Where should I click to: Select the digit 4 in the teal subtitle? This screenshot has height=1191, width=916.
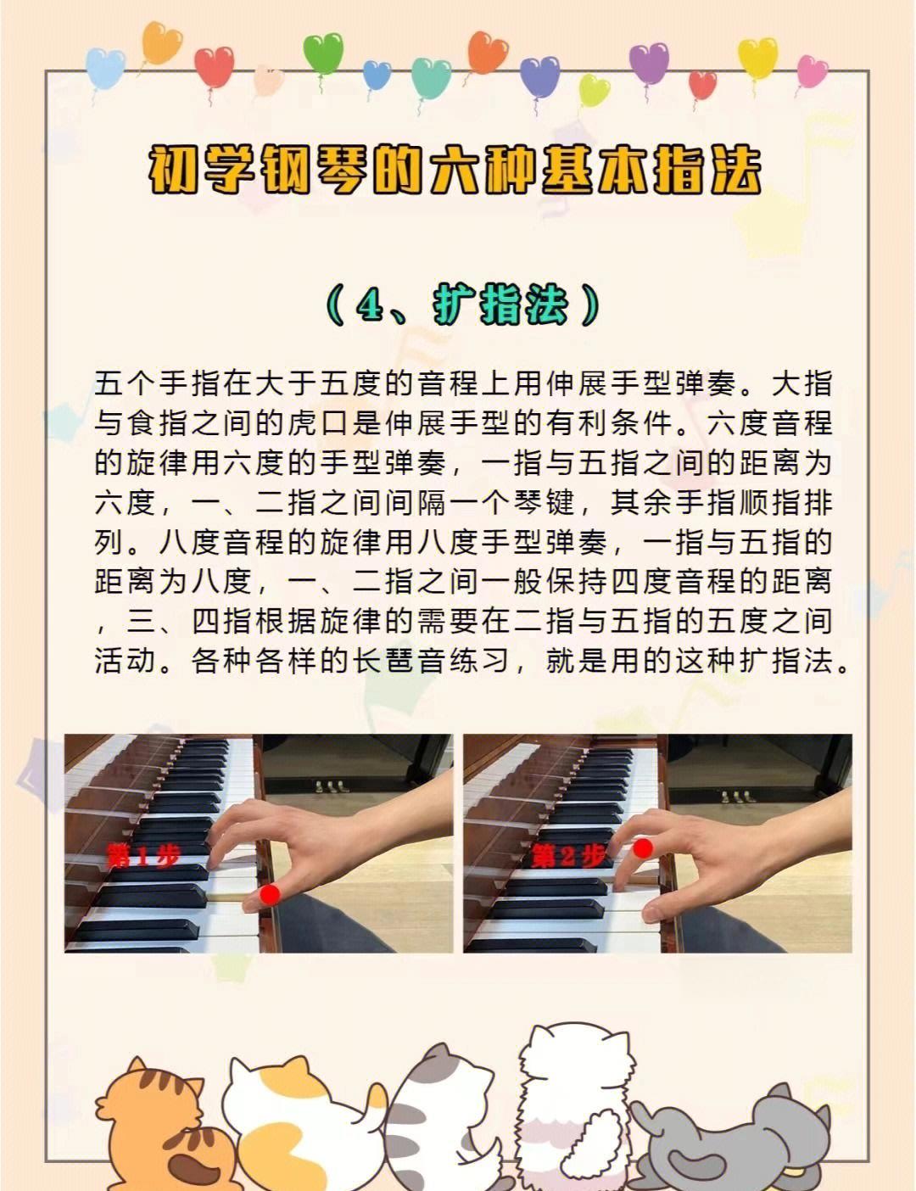click(371, 307)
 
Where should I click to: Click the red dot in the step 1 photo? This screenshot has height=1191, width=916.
click(271, 894)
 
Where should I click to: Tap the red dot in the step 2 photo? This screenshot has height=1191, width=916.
click(643, 847)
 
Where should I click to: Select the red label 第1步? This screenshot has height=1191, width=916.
click(142, 856)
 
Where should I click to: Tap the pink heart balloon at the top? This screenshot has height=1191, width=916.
click(812, 71)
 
